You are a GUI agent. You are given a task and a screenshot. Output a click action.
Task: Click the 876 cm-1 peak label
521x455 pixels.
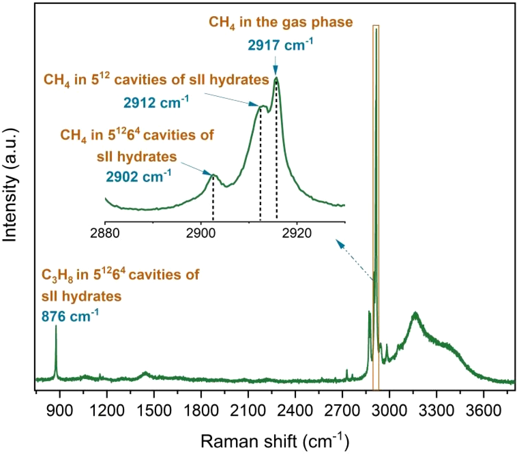click(70, 316)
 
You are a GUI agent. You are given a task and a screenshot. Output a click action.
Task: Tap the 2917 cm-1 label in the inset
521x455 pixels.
click(280, 45)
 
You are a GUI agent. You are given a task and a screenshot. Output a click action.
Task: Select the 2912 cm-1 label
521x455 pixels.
click(156, 103)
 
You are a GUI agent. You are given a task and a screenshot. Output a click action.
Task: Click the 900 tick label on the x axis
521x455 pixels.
click(60, 410)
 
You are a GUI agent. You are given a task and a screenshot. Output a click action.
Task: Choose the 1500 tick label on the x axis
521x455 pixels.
click(154, 410)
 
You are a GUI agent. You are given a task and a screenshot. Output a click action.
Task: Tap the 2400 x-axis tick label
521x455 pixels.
click(295, 410)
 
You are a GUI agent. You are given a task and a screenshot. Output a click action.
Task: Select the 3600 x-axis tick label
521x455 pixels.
click(483, 410)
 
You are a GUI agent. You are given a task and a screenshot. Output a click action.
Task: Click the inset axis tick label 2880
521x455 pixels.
click(105, 233)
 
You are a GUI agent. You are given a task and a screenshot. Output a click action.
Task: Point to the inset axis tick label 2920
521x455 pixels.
click(297, 233)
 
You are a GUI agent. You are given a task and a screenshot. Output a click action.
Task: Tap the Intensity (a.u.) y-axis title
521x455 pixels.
click(10, 185)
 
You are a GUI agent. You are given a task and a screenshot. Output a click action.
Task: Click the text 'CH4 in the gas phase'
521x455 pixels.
click(281, 22)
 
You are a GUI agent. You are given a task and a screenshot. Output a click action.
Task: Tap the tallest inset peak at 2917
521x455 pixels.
click(276, 78)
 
